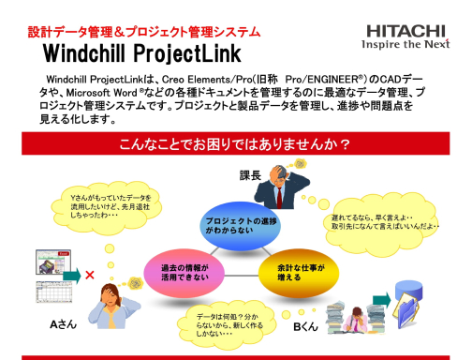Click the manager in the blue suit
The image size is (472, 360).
click(x=281, y=188)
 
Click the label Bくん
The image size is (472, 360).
click(x=306, y=327)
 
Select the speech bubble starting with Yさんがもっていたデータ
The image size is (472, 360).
click(x=110, y=205)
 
